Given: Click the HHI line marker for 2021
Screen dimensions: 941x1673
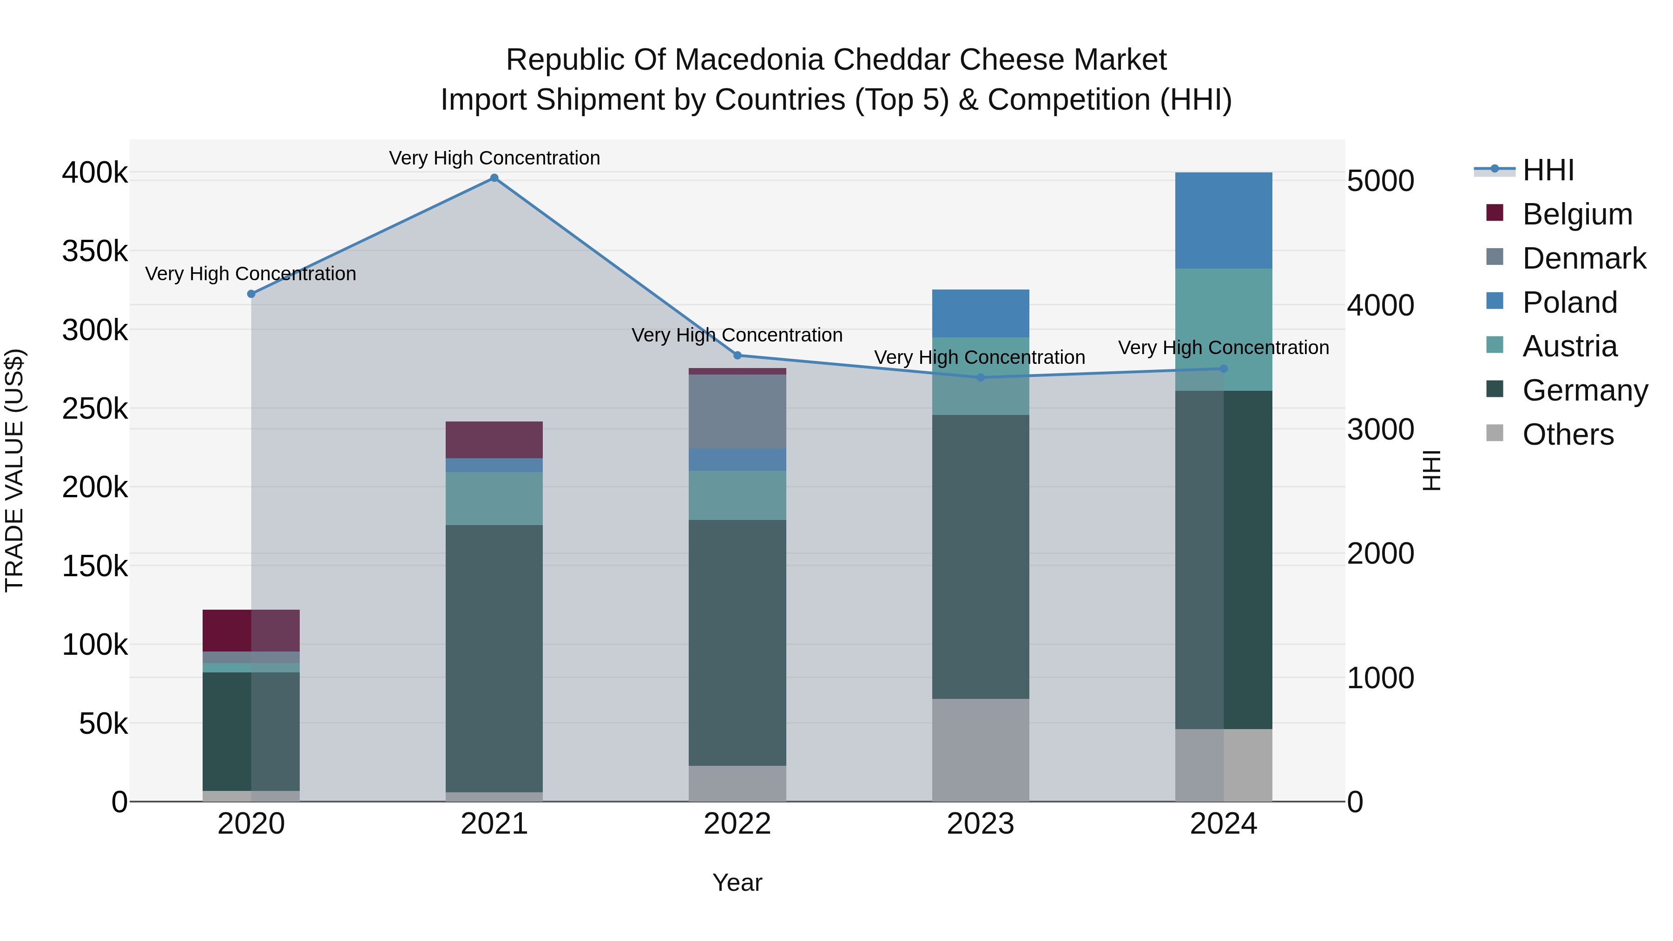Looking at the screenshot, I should (494, 178).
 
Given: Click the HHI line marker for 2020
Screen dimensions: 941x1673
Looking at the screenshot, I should (251, 294).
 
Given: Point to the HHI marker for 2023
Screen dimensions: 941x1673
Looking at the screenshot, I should (981, 377).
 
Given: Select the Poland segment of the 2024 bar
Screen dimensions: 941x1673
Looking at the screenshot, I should (1224, 221).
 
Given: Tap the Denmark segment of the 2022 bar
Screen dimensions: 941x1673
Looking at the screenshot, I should (737, 412).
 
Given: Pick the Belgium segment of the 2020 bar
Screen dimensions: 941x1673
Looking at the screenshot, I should (251, 631).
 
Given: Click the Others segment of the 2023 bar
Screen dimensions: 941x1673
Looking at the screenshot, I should (981, 750).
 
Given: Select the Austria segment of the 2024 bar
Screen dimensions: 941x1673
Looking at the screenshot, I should (1224, 330).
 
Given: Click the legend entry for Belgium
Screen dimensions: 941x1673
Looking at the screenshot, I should (1577, 214).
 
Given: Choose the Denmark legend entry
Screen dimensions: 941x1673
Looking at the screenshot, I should (1583, 258).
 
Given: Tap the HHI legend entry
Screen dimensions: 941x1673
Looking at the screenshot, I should (1548, 170).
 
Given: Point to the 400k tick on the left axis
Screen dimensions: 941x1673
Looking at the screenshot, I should (95, 173).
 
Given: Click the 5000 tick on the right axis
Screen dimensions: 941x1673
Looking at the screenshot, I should (1380, 181).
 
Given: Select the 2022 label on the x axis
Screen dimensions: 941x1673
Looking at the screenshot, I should (737, 824).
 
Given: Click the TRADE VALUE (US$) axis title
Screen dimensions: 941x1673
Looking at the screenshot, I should (14, 470).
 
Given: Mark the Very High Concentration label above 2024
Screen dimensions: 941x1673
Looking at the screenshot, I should (1224, 348).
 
